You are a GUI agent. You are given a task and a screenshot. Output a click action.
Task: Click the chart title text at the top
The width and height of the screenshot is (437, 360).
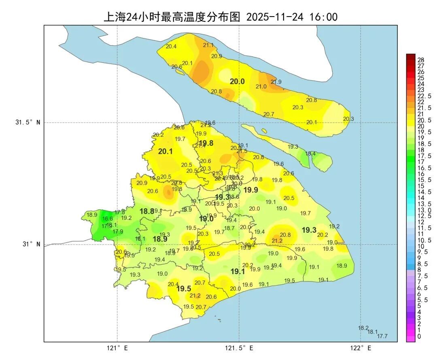221,17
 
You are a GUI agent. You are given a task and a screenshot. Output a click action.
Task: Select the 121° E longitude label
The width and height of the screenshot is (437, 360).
117,348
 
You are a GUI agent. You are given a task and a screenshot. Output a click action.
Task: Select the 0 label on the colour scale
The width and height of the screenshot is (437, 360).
419,336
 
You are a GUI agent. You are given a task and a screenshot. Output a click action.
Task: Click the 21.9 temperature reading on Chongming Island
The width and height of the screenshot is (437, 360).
276,82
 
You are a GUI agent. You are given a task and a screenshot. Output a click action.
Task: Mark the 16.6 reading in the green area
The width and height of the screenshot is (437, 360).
108,219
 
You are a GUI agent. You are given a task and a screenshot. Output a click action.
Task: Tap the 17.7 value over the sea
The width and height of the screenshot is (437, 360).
382,336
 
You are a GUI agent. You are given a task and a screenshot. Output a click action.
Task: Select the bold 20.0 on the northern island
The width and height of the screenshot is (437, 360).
237,81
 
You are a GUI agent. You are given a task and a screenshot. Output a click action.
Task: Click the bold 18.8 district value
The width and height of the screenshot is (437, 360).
147,211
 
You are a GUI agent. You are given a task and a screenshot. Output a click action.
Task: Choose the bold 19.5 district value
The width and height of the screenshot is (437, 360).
184,289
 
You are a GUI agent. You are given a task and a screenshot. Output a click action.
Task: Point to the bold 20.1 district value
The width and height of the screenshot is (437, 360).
165,151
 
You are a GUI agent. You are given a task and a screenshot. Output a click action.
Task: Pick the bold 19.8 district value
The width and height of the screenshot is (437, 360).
206,143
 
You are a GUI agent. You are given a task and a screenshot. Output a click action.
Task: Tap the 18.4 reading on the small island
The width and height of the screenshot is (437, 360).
310,153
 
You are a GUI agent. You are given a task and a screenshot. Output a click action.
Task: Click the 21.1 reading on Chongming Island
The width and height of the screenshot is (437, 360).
208,45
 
